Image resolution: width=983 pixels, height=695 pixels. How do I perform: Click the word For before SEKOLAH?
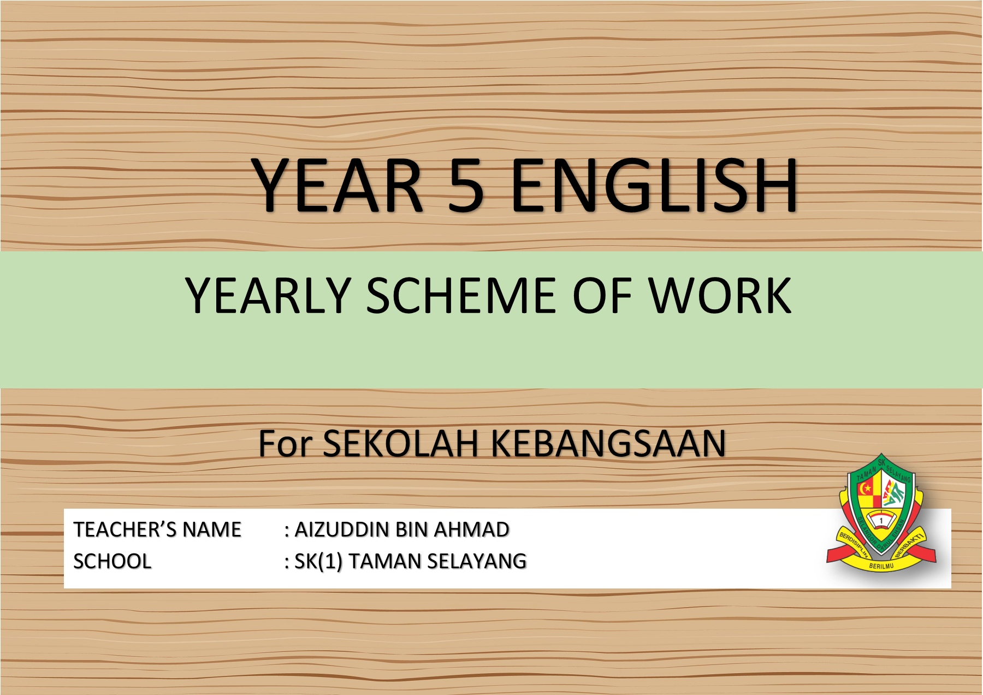pyautogui.click(x=285, y=443)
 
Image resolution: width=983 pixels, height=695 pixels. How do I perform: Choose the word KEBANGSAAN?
pyautogui.click(x=608, y=443)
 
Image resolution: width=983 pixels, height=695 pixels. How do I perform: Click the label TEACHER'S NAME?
pyautogui.click(x=157, y=529)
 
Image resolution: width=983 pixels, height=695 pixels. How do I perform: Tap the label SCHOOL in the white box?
pyautogui.click(x=112, y=561)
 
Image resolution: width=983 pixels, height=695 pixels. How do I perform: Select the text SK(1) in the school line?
pyautogui.click(x=318, y=562)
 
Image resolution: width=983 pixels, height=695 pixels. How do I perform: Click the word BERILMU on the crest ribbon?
pyautogui.click(x=881, y=566)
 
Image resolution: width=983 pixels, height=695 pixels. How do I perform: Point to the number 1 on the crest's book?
pyautogui.click(x=881, y=521)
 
